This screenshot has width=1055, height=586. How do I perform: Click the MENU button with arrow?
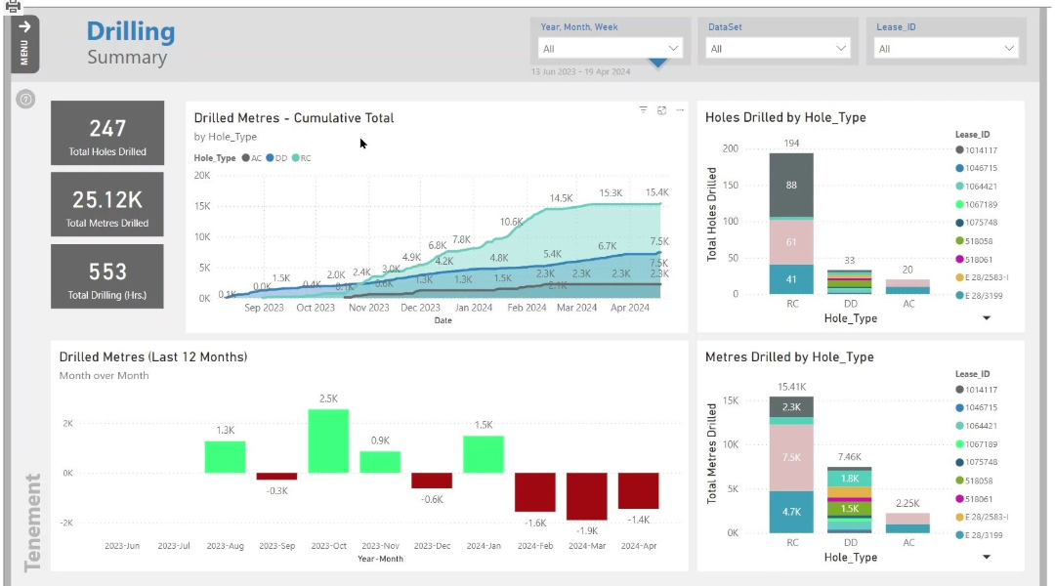tap(24, 43)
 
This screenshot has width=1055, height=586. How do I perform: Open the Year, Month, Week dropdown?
tap(611, 48)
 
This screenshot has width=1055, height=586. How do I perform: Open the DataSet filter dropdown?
tap(780, 48)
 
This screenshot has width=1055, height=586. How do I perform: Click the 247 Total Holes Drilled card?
tap(107, 133)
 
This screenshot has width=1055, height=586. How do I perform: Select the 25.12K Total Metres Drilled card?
tap(107, 204)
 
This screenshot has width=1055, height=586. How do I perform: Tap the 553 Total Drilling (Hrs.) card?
tap(107, 276)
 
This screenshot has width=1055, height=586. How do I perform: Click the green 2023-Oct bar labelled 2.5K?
tap(328, 441)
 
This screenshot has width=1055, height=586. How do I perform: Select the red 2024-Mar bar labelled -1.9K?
tap(586, 496)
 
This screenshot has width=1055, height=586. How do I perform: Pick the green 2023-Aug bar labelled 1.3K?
tap(225, 457)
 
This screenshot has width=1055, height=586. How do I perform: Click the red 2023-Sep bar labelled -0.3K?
tap(276, 477)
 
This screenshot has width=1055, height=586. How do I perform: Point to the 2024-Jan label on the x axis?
tap(483, 546)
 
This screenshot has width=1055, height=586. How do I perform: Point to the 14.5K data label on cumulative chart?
tap(561, 198)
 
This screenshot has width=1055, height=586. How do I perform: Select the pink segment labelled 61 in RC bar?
tap(790, 242)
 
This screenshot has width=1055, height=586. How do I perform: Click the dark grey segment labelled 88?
tap(790, 186)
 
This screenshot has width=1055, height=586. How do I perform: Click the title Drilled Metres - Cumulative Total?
tap(294, 118)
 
